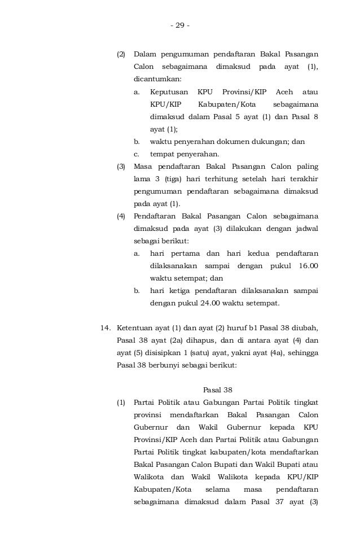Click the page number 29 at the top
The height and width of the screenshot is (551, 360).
(180, 25)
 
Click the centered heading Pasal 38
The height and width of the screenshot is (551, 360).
(217, 390)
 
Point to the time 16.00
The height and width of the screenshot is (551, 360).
(307, 265)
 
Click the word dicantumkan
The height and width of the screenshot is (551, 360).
(157, 80)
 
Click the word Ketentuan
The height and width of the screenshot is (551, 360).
(136, 328)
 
